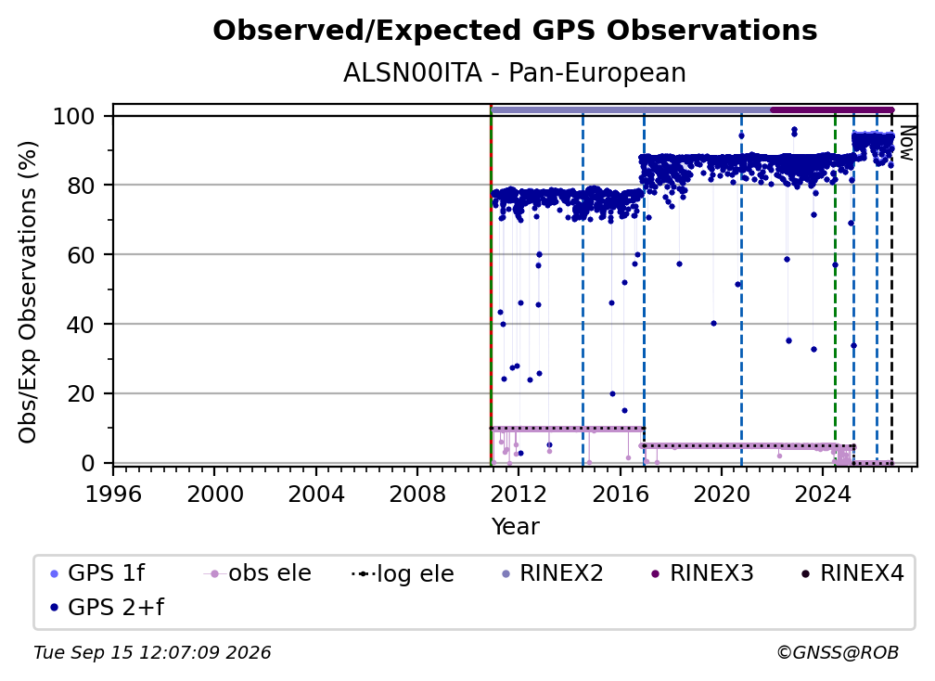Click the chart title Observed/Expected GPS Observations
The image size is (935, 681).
515,31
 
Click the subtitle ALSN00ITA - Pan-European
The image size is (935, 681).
515,73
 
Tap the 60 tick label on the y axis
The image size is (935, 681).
81,255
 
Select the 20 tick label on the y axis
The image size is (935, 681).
81,394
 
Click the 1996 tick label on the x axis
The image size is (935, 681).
113,495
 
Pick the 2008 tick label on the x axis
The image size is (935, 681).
417,495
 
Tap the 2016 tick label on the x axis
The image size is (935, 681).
621,495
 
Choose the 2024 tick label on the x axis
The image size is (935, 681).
822,495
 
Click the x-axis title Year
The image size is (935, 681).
515,527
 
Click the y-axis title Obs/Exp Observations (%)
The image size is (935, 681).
28,292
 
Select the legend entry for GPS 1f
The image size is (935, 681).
97,573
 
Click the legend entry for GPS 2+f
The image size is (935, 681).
108,607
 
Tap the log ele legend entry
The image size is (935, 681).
403,574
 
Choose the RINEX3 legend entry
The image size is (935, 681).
702,573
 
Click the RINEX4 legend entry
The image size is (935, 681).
852,573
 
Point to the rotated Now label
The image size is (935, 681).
905,143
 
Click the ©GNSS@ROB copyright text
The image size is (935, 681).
838,653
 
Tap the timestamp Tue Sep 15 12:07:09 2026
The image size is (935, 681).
152,653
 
